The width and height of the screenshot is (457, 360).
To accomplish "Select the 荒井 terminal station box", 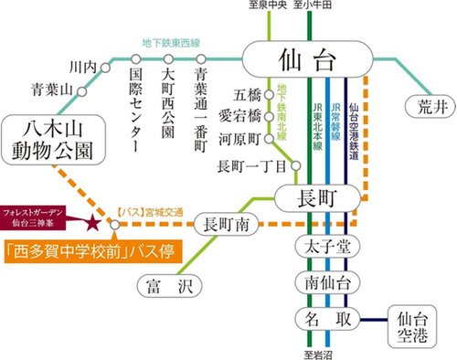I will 426,105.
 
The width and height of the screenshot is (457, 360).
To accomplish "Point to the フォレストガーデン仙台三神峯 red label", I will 41,218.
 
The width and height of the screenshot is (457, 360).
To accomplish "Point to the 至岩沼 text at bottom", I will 320,352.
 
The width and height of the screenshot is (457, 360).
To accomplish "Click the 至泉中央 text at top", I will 271,6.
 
